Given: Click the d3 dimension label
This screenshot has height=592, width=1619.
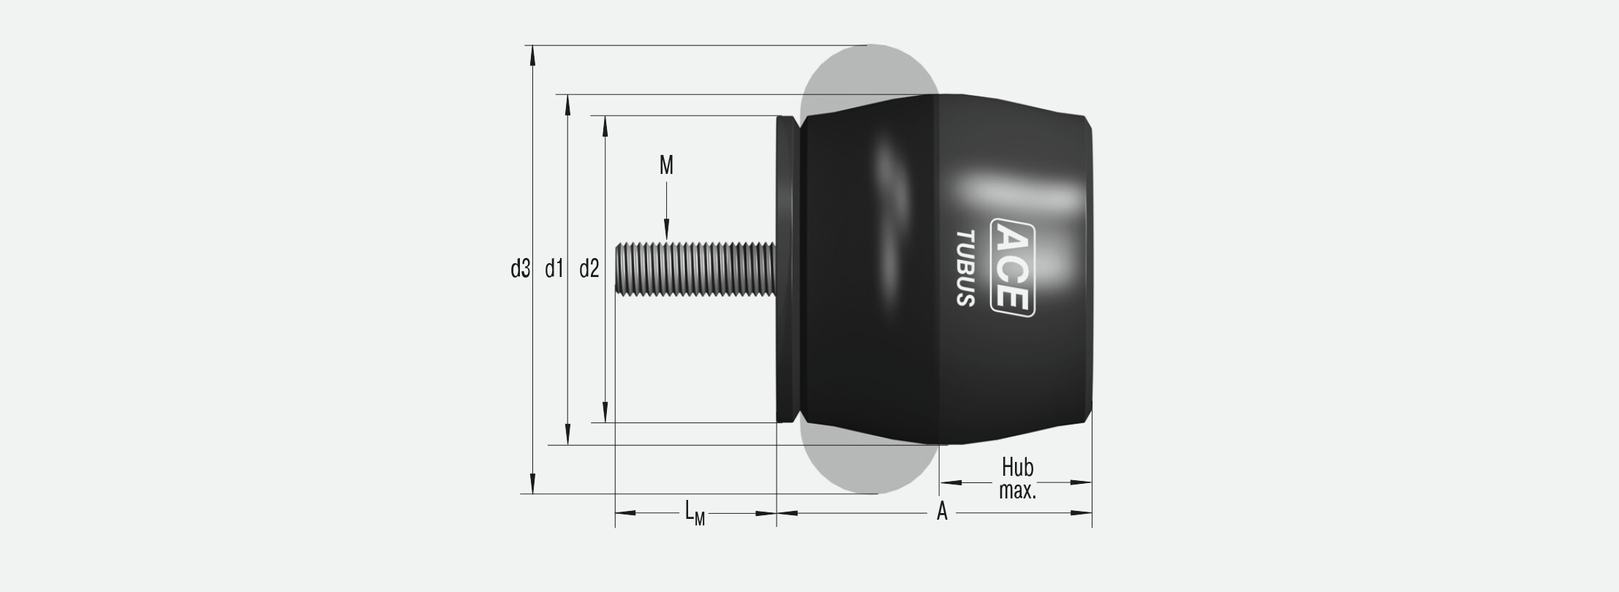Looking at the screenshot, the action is click(519, 270).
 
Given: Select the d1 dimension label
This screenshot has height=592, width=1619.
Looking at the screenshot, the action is click(554, 270).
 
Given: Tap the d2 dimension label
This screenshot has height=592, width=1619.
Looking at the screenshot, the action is click(589, 270).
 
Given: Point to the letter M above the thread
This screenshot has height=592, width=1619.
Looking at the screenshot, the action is click(666, 166).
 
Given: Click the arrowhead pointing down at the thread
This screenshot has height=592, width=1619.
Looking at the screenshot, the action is click(667, 230).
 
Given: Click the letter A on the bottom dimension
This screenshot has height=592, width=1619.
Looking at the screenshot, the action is click(943, 512).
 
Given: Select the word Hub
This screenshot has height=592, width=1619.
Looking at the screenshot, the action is click(1017, 467).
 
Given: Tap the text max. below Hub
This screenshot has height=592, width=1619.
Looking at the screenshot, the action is click(1018, 490).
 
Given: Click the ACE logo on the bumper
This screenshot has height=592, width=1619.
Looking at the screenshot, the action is click(1013, 267).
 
